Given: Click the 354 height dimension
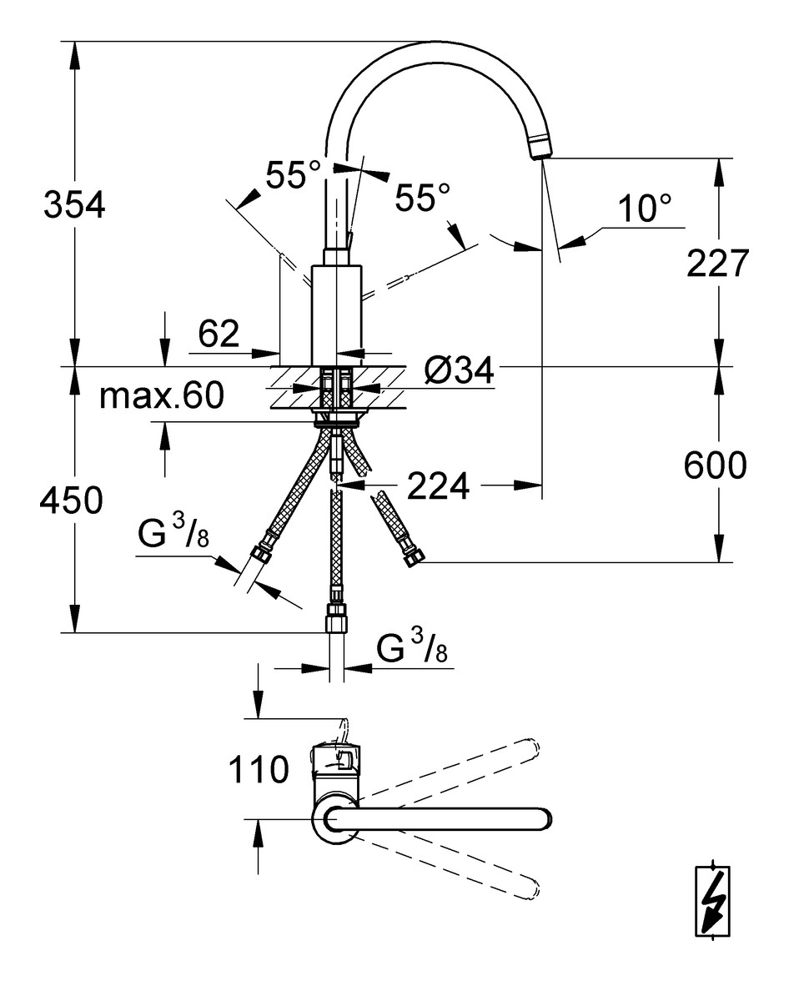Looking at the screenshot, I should click(x=74, y=204).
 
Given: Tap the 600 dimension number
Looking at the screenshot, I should click(x=715, y=465).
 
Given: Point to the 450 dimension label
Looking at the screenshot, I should click(x=72, y=501).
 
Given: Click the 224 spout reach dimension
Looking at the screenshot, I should click(x=437, y=485).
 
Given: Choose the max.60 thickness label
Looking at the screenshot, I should click(x=162, y=396).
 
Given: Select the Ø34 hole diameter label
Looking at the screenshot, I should click(x=458, y=371).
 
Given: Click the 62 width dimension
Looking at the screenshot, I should click(x=219, y=335).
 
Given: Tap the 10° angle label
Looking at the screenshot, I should click(x=644, y=209).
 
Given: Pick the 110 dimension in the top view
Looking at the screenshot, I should click(x=259, y=770).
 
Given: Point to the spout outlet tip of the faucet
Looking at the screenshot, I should click(x=540, y=148).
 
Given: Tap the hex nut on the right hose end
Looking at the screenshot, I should click(x=413, y=557).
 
